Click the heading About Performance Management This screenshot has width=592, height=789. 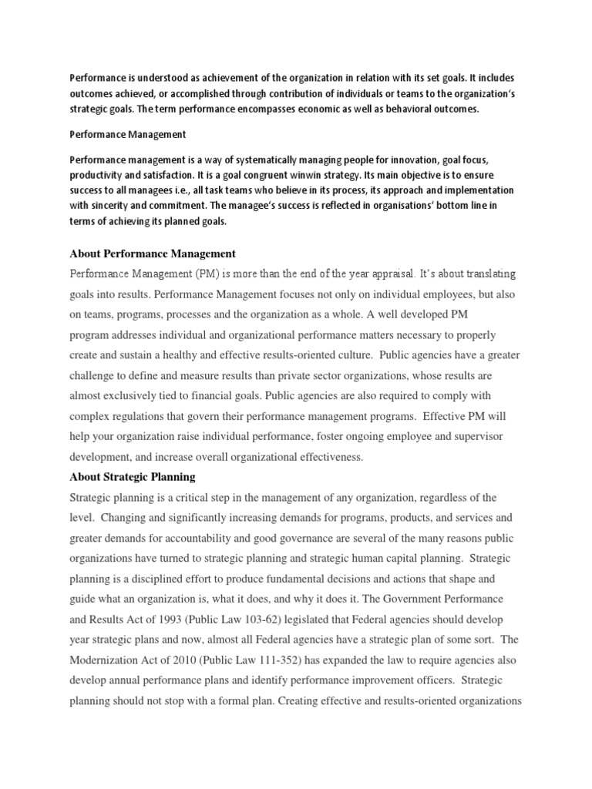click(153, 253)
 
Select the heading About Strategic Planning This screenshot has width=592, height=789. click(133, 477)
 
